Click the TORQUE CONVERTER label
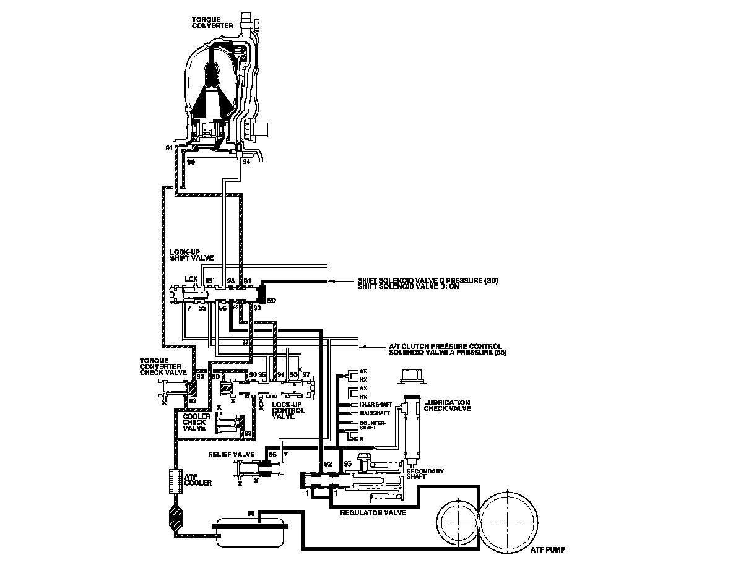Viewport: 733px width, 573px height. pyautogui.click(x=212, y=24)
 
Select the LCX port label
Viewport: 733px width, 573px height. pyautogui.click(x=191, y=279)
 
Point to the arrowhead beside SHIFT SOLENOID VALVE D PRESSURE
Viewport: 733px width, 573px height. pyautogui.click(x=332, y=281)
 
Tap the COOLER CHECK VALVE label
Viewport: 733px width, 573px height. pyautogui.click(x=197, y=422)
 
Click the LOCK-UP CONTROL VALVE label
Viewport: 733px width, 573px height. pyautogui.click(x=288, y=410)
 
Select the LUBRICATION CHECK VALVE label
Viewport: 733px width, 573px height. pyautogui.click(x=447, y=405)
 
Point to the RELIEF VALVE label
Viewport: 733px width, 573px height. pyautogui.click(x=232, y=454)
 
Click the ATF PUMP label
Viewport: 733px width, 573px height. pyautogui.click(x=548, y=549)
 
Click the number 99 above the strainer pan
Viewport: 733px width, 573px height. pyautogui.click(x=251, y=513)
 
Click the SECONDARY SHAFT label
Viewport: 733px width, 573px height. pyautogui.click(x=424, y=475)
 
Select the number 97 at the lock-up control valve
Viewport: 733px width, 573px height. pyautogui.click(x=306, y=375)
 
